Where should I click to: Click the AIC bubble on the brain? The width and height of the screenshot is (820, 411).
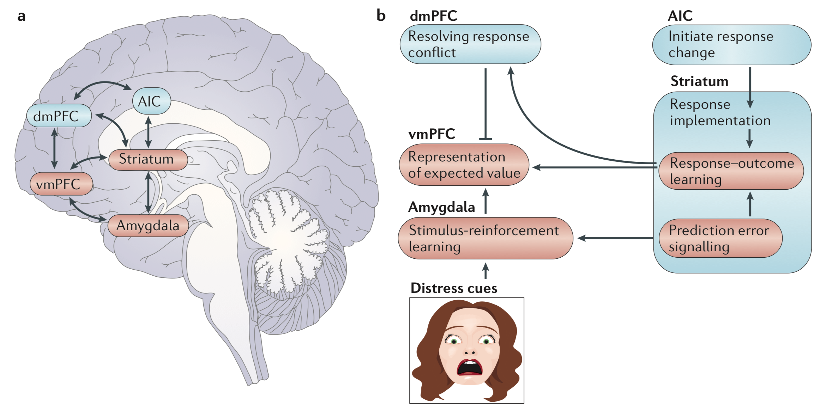click(152, 101)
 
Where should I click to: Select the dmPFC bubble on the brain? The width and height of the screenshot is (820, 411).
click(59, 116)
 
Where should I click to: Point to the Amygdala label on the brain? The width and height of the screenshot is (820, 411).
click(148, 226)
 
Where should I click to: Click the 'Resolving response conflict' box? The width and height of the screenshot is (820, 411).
click(470, 44)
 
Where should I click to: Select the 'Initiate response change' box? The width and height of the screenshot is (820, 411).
click(731, 45)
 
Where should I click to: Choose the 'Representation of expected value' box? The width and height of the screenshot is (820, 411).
click(464, 165)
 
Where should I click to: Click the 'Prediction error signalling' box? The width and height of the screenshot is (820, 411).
click(720, 238)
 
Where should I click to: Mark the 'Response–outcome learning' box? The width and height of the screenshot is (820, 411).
click(731, 171)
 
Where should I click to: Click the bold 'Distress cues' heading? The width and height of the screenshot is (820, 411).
click(454, 288)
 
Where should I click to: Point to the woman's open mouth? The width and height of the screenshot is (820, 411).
click(469, 368)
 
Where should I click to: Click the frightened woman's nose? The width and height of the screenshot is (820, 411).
click(469, 351)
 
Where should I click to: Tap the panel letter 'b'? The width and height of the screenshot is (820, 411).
click(381, 16)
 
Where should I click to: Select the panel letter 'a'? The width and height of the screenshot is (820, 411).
click(22, 16)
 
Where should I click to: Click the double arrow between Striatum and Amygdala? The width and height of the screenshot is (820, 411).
click(149, 192)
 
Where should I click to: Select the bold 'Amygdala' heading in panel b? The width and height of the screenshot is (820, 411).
click(441, 207)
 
